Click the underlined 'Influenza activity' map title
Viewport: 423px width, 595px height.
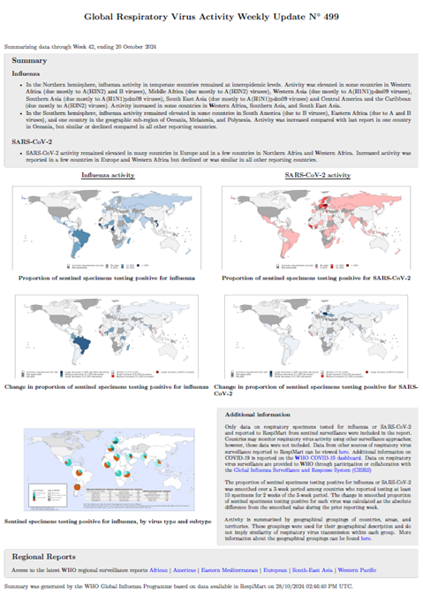pos(109,176)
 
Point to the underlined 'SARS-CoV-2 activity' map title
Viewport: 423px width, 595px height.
pos(317,176)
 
